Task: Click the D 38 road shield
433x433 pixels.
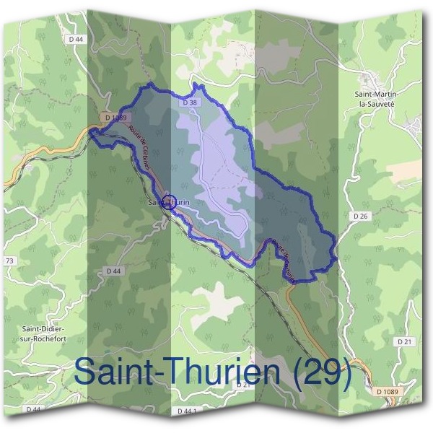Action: pos(190,103)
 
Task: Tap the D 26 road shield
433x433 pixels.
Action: pos(362,215)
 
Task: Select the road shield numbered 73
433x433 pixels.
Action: pos(9,260)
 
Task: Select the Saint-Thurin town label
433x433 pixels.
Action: pos(169,203)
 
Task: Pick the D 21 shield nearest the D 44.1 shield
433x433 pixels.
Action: pos(242,385)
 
